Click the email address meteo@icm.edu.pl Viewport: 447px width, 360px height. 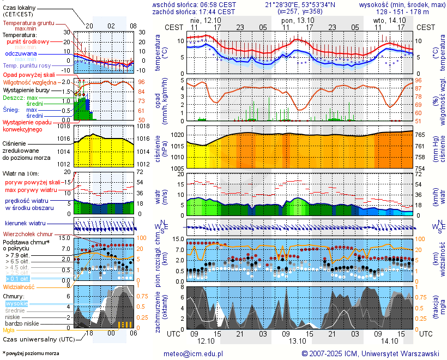(x=194, y=353)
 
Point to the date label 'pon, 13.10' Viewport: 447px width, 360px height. (x=294, y=20)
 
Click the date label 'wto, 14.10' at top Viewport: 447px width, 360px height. (x=386, y=20)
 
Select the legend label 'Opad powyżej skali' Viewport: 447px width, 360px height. (x=29, y=75)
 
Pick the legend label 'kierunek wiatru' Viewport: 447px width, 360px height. (x=25, y=224)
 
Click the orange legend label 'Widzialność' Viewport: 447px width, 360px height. (x=19, y=286)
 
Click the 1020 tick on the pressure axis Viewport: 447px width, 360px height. (x=176, y=135)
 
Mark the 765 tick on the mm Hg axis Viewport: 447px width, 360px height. (x=421, y=135)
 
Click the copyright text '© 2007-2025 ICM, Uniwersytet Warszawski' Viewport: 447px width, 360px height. (x=371, y=353)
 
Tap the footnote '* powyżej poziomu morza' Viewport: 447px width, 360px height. (x=31, y=353)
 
